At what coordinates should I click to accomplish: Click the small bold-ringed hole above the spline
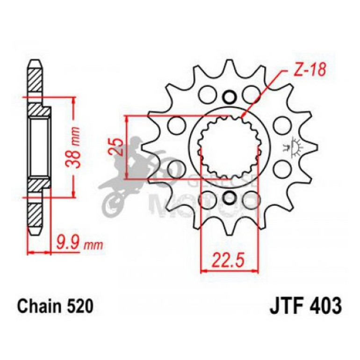tap(229, 97)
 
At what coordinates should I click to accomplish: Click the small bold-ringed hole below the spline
tap(229, 198)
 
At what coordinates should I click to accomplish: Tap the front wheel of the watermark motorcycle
tap(112, 203)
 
